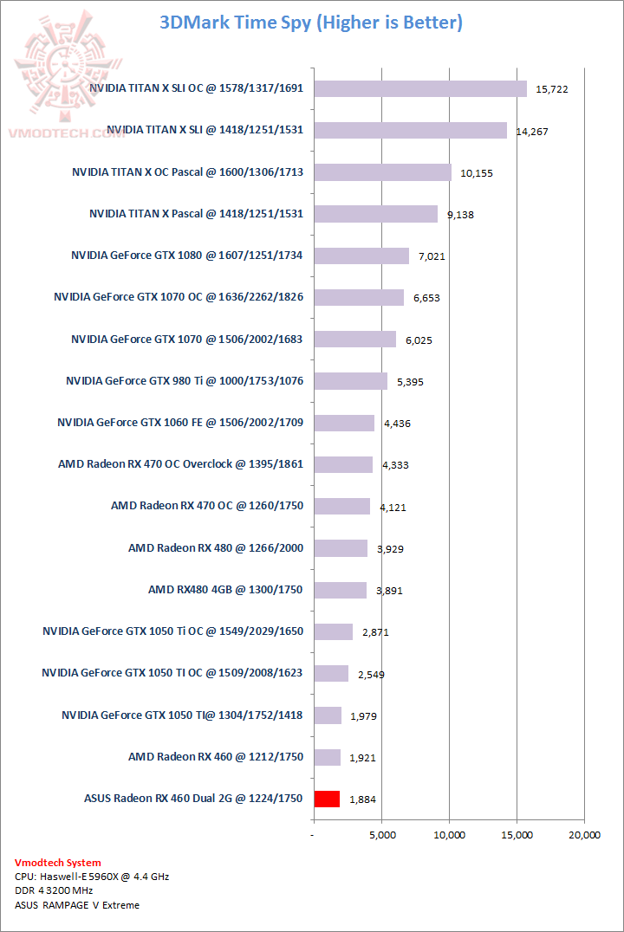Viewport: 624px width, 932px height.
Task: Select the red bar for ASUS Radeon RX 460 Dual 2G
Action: point(327,799)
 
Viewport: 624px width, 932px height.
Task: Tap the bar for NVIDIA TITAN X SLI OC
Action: point(420,88)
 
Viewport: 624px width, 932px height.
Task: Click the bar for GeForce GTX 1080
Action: point(361,256)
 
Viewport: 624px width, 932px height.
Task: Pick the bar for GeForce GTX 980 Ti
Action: point(350,381)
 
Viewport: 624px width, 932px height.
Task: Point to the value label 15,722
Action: point(552,89)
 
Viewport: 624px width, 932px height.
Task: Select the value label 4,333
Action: point(394,465)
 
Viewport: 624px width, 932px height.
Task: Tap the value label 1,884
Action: point(362,799)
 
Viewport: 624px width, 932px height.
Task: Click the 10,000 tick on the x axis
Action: point(450,835)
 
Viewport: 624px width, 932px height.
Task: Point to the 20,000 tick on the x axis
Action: point(584,835)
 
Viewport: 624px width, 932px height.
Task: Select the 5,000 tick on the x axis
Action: point(382,835)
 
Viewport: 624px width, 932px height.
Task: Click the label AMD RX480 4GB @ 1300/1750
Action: point(225,590)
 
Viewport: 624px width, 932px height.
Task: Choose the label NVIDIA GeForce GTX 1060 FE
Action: point(180,423)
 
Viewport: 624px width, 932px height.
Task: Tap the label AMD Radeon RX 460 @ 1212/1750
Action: point(216,757)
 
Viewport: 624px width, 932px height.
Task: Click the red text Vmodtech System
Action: point(57,863)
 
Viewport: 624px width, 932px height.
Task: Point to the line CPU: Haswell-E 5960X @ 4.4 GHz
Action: point(92,877)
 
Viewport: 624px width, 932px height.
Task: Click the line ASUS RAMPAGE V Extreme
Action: point(77,905)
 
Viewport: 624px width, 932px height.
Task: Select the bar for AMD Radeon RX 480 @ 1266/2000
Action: point(341,548)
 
